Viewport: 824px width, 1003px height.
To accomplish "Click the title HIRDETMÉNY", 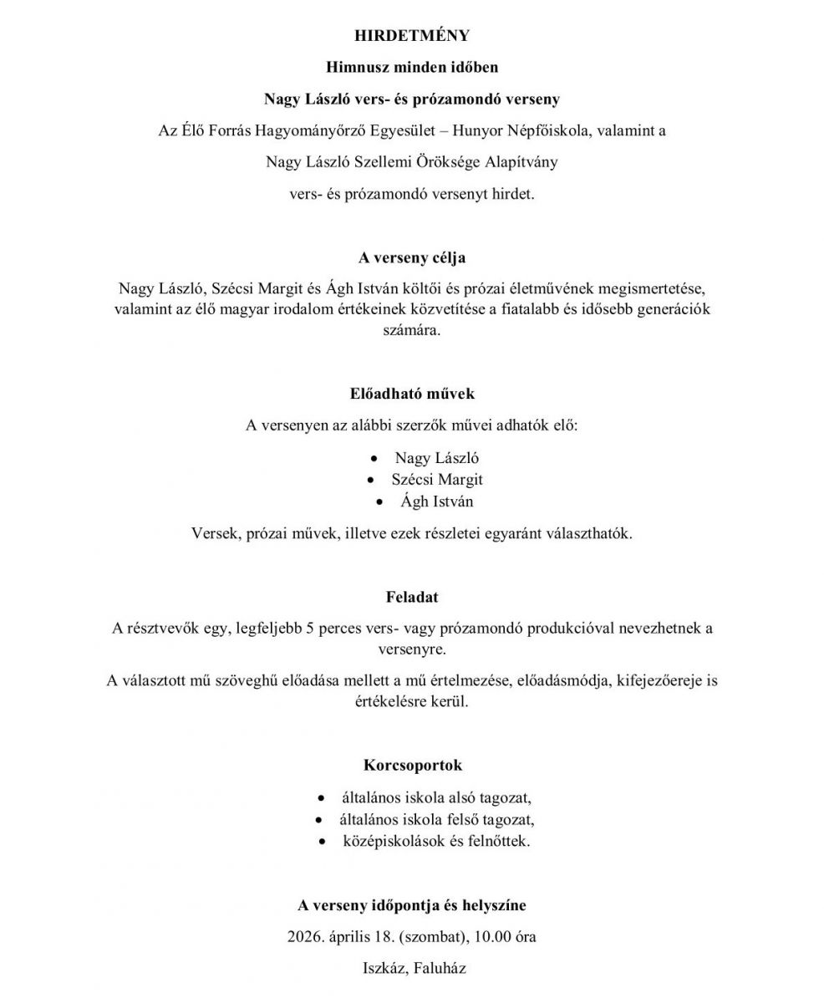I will pos(412,35).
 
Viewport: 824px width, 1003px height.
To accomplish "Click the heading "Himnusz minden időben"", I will pos(412,67).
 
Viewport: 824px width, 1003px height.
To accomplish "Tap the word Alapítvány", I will pos(516,162).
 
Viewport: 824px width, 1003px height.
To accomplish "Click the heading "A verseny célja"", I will pos(412,257).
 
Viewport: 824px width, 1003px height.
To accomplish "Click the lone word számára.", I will pos(411,329).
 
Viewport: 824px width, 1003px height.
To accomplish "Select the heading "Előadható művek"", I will pos(412,393).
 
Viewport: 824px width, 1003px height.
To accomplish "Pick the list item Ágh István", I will pos(436,501).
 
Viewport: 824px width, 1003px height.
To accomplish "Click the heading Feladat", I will pos(412,597).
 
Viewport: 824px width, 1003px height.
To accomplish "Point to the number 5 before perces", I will pos(310,629).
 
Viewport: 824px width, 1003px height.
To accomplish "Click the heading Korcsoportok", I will pos(412,765).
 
